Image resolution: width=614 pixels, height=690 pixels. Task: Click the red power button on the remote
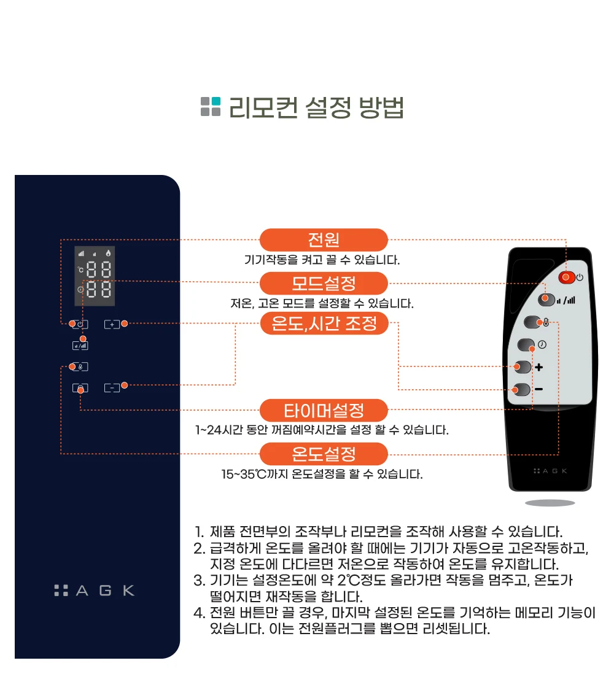point(567,277)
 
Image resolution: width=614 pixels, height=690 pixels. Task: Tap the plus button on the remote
point(523,366)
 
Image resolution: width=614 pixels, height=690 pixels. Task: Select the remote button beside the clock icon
point(526,344)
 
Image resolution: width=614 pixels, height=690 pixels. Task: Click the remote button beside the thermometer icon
point(532,322)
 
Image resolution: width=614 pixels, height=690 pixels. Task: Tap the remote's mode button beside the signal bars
point(546,300)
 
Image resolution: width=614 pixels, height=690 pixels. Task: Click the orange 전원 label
point(324,240)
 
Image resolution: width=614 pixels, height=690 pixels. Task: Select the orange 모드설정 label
point(324,284)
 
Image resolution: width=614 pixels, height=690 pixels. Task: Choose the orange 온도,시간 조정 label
point(324,324)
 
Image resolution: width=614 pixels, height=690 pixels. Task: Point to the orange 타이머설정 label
point(324,411)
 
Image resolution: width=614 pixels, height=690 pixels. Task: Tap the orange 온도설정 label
point(324,454)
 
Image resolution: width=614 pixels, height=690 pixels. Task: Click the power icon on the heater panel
point(80,324)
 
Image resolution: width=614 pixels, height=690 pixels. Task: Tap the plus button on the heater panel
point(112,324)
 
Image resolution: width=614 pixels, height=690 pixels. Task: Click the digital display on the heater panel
point(94,276)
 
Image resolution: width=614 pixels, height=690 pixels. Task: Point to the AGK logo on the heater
point(94,590)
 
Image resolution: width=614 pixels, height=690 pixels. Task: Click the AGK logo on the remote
point(550,471)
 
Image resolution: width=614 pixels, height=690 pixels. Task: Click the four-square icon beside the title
point(211,106)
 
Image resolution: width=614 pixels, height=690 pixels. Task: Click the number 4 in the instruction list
point(200,613)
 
